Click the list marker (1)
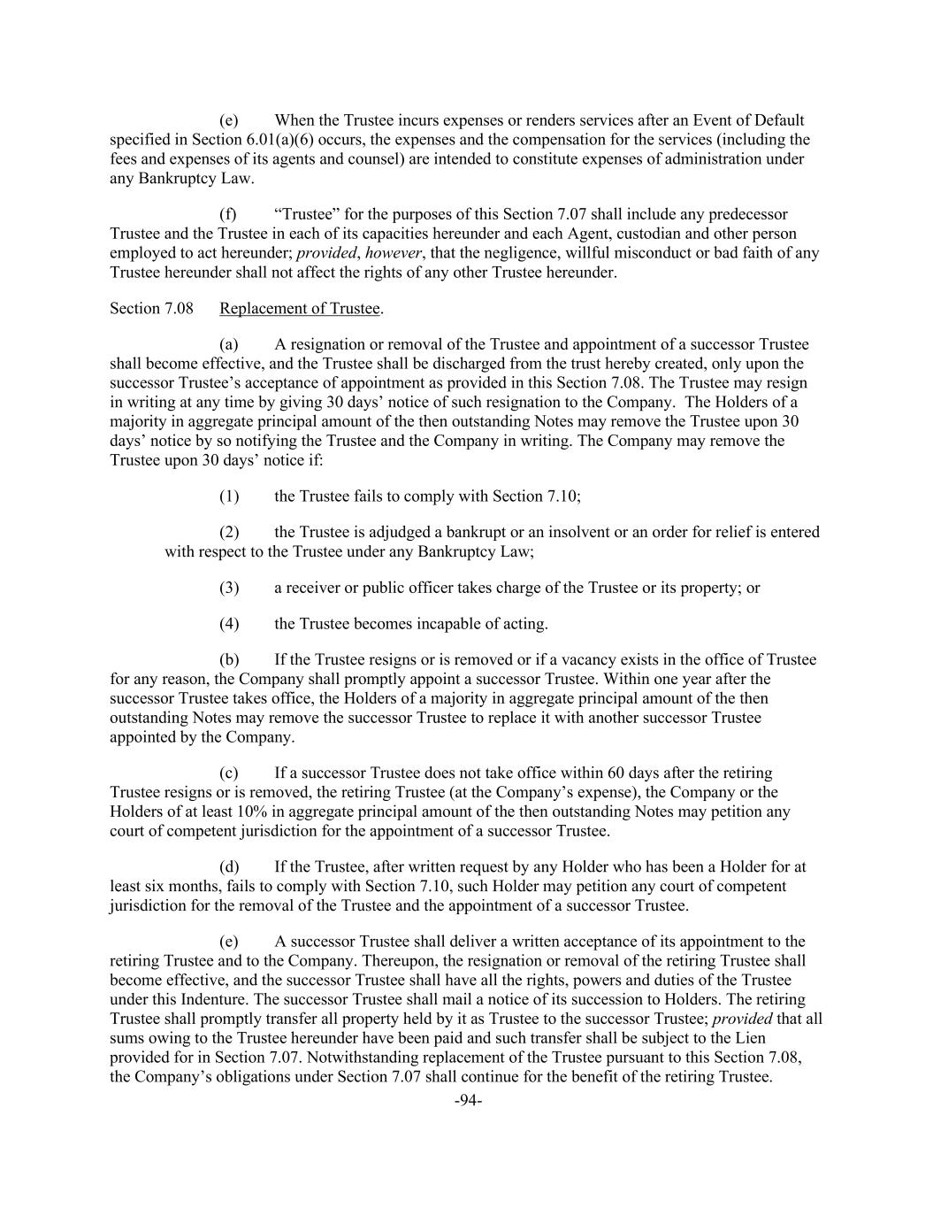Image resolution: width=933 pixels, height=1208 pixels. click(x=229, y=496)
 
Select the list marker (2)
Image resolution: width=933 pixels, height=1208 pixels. click(x=229, y=532)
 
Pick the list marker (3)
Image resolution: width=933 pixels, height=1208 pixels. click(x=229, y=588)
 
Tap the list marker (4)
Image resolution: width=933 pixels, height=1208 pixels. click(x=229, y=624)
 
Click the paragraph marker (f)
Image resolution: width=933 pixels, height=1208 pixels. click(x=228, y=214)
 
